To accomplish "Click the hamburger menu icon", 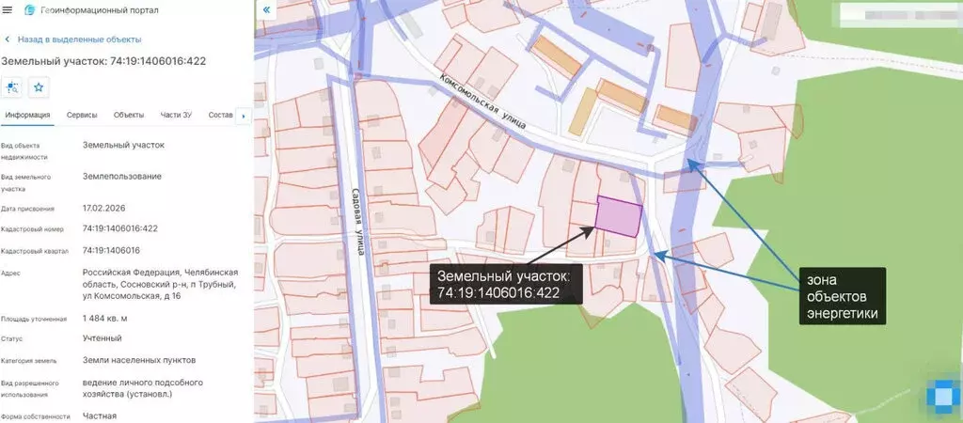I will [x=8, y=9].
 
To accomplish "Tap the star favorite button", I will [x=39, y=87].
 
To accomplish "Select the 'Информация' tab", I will [x=27, y=115].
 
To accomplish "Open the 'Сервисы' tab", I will [x=82, y=115].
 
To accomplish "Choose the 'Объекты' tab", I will [x=129, y=115].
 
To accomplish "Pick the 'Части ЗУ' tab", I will [x=176, y=115].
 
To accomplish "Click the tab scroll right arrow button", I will [x=245, y=116].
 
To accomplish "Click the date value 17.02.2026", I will [x=105, y=209].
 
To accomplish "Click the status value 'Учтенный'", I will [x=102, y=338].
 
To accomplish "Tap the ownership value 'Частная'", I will [x=99, y=415].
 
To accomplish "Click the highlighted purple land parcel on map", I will [x=618, y=216].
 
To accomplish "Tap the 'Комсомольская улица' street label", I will [x=484, y=103].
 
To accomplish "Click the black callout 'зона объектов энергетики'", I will [x=844, y=296].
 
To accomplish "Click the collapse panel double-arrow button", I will [x=267, y=9].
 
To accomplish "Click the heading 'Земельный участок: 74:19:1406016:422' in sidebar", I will [x=103, y=61].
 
